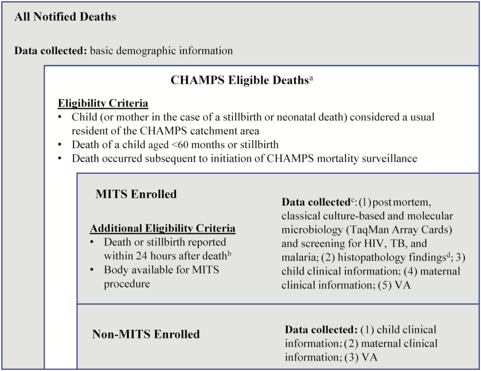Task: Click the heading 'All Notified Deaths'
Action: tap(65, 17)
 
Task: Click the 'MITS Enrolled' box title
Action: tap(136, 194)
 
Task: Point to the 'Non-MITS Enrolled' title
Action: tap(146, 334)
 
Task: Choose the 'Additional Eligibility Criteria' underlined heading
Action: tap(163, 228)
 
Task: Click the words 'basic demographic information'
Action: tap(161, 50)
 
